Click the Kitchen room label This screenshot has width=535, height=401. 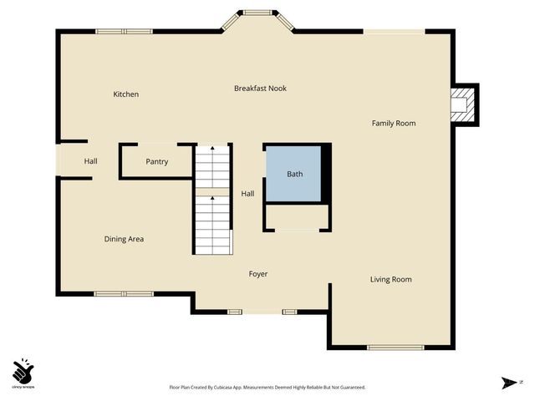125,94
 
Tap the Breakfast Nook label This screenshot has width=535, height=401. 260,88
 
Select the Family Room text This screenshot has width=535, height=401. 394,124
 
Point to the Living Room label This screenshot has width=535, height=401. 390,279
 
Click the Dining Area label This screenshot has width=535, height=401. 124,239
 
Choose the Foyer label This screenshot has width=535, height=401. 258,274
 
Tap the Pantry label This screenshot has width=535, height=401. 157,161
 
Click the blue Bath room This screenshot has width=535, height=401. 294,174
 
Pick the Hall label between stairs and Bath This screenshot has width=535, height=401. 247,194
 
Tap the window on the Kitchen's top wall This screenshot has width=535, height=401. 123,32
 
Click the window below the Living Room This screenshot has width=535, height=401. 390,347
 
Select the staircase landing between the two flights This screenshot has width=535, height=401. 212,192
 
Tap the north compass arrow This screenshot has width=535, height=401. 508,383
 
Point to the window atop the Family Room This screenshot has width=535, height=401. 394,32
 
